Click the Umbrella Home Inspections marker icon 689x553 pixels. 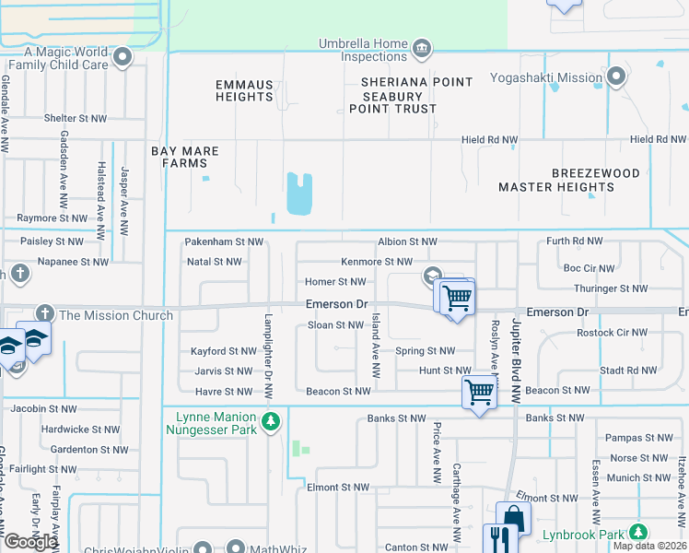(x=421, y=49)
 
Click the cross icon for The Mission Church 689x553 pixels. (x=44, y=315)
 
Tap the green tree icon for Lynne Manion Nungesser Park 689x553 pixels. (x=270, y=422)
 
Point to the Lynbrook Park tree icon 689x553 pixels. (x=637, y=533)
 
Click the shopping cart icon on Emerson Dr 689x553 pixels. (x=456, y=299)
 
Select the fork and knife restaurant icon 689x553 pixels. (x=497, y=537)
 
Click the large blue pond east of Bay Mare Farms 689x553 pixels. (x=299, y=193)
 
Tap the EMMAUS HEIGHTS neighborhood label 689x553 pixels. (x=244, y=90)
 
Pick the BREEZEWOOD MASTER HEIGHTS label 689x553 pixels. (x=556, y=180)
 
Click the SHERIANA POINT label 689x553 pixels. (x=416, y=82)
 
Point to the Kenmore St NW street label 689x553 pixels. (x=376, y=263)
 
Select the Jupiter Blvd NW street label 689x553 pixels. (x=517, y=355)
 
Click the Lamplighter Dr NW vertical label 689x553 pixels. (x=267, y=351)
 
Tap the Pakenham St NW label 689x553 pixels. (x=224, y=241)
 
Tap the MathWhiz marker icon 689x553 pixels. (x=236, y=547)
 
